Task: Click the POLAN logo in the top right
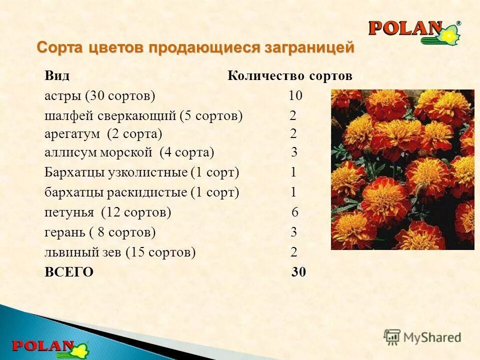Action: [x=414, y=31]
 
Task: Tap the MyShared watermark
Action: [x=422, y=336]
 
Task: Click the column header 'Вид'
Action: [x=56, y=76]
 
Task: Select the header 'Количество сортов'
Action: [x=290, y=76]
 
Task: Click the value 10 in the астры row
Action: [x=295, y=95]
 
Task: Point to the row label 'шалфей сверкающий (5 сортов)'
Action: [x=143, y=116]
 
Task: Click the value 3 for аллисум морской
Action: [x=294, y=152]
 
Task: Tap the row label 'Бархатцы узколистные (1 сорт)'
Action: [x=142, y=173]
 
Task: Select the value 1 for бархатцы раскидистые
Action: [x=294, y=192]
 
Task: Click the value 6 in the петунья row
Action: [x=295, y=212]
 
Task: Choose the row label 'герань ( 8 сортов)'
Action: [x=100, y=232]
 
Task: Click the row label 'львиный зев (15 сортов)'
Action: [x=120, y=252]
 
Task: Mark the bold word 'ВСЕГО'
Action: [x=69, y=272]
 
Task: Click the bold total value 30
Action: [x=298, y=272]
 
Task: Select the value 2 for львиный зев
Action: [x=294, y=252]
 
